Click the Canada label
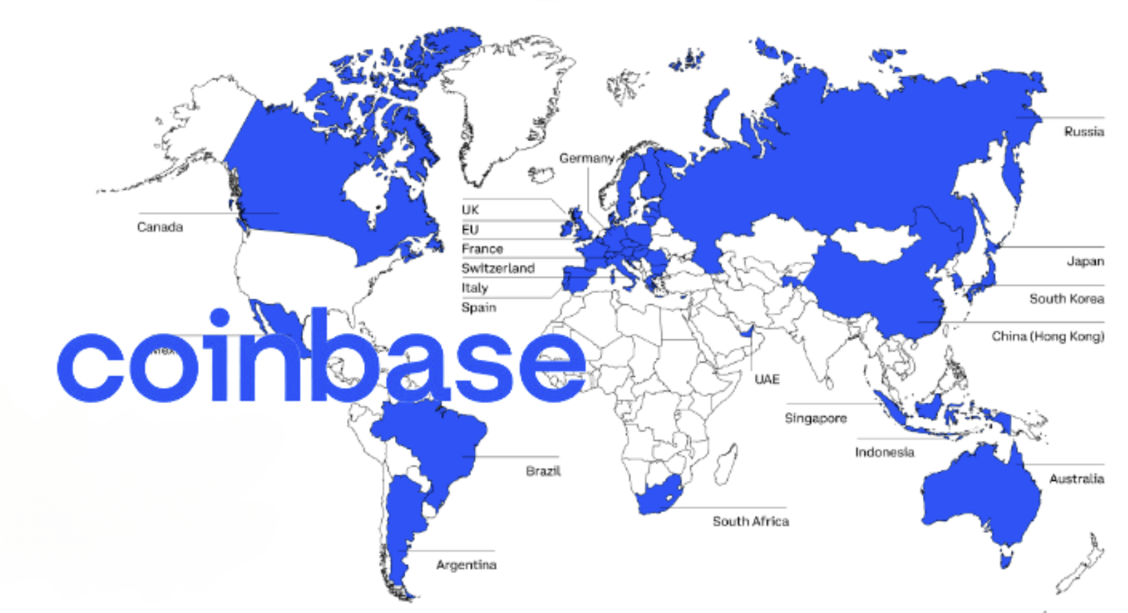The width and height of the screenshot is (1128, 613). [x=160, y=227]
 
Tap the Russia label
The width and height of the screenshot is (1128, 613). [x=1083, y=131]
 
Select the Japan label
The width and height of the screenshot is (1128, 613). [x=1085, y=261]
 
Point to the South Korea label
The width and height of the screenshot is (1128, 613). [x=1066, y=299]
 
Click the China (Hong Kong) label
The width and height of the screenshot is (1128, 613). [x=1047, y=336]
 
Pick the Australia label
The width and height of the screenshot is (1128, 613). [x=1076, y=479]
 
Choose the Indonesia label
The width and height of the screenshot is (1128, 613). [x=884, y=452]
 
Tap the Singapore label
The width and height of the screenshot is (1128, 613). [x=816, y=418]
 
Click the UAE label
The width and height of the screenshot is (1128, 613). [x=767, y=379]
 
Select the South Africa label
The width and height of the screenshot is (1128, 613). [x=750, y=521]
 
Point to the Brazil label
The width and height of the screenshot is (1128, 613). [x=543, y=471]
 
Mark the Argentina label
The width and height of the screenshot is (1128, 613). [x=466, y=565]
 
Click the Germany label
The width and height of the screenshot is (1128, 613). [x=586, y=158]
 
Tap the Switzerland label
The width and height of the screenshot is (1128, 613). [x=498, y=268]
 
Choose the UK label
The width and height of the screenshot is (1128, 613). [x=470, y=210]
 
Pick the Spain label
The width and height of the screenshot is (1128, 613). [x=478, y=308]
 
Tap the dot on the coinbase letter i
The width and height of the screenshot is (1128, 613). [x=220, y=318]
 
